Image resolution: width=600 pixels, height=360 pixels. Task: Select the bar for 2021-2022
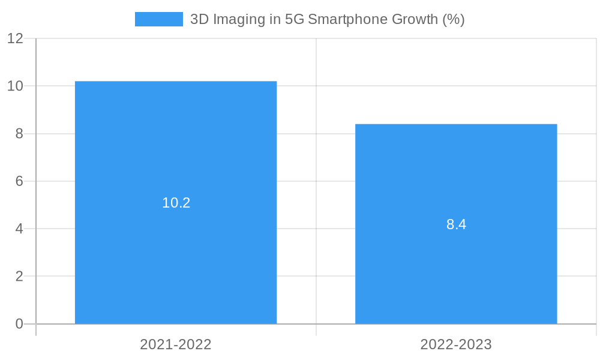pyautogui.click(x=176, y=150)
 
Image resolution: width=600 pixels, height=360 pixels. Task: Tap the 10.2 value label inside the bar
pyautogui.click(x=176, y=203)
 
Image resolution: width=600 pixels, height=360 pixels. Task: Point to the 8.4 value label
pyautogui.click(x=456, y=224)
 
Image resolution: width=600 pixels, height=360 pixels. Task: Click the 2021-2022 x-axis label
pyautogui.click(x=176, y=344)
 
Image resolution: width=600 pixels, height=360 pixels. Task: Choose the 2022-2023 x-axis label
pyautogui.click(x=456, y=344)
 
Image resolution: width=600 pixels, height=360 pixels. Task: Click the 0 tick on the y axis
pyautogui.click(x=19, y=324)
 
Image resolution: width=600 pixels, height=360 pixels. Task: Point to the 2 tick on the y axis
pyautogui.click(x=19, y=277)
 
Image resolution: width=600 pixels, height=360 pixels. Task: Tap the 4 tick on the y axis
pyautogui.click(x=19, y=229)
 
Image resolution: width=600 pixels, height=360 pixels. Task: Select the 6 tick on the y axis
pyautogui.click(x=19, y=181)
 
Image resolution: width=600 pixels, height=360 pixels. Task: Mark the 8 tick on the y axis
pyautogui.click(x=19, y=134)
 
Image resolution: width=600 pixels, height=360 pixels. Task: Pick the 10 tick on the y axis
pyautogui.click(x=16, y=86)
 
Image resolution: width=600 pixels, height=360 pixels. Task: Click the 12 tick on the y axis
pyautogui.click(x=16, y=38)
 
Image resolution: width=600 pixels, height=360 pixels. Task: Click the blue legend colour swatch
pyautogui.click(x=159, y=19)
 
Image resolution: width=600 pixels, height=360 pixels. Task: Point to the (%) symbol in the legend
pyautogui.click(x=454, y=19)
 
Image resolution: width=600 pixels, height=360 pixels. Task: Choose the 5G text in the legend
pyautogui.click(x=293, y=19)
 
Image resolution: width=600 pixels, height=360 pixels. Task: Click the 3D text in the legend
pyautogui.click(x=199, y=19)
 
